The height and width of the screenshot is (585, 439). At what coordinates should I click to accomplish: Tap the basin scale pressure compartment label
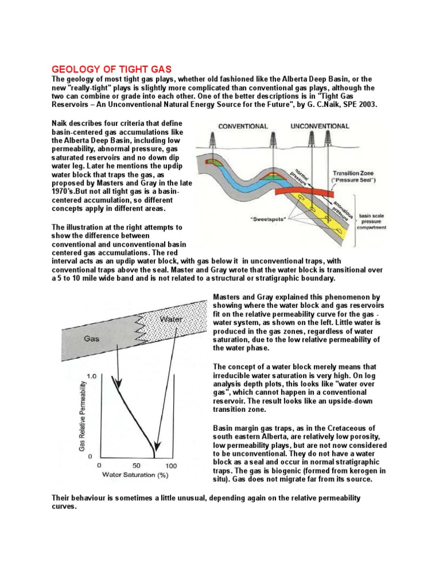pyautogui.click(x=372, y=222)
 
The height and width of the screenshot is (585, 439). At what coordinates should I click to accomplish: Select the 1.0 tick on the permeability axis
pyautogui.click(x=91, y=376)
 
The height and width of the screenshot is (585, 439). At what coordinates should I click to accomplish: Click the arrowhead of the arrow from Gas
pyautogui.click(x=118, y=384)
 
